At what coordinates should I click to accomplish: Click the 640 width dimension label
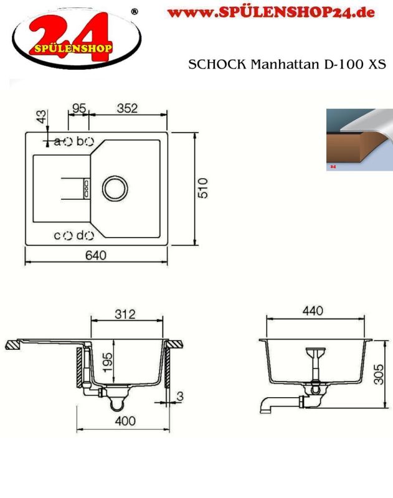point(96,255)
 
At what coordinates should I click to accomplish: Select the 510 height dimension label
point(202,189)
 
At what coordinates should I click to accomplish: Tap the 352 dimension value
point(127,108)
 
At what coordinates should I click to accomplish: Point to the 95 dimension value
point(79,108)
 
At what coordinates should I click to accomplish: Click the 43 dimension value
point(41,116)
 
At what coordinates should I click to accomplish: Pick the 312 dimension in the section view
point(125,314)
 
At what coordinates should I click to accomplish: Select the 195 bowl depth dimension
point(107,362)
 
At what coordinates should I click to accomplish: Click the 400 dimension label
point(125,421)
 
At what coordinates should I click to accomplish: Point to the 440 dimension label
point(313,311)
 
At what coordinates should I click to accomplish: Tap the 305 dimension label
point(379,375)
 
